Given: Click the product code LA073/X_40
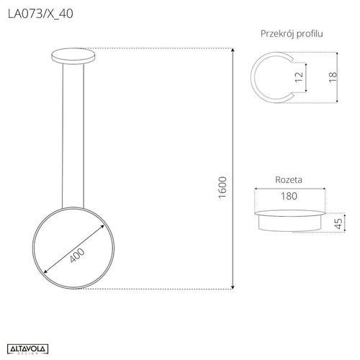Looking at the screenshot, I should (40, 14).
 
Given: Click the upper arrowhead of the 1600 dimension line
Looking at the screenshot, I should (233, 50).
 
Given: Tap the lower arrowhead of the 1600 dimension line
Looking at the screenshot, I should (233, 287).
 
